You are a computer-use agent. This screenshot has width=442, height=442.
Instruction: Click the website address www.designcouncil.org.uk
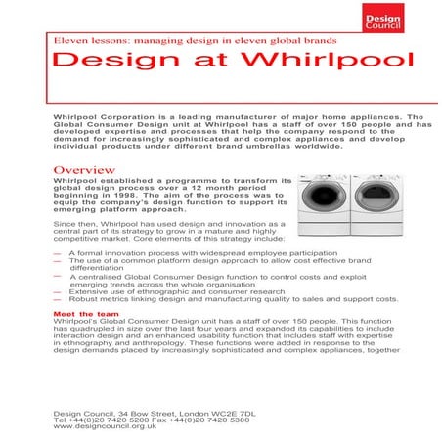coord(106,426)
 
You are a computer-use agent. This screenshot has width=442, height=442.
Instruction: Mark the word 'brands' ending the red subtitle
coord(319,41)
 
